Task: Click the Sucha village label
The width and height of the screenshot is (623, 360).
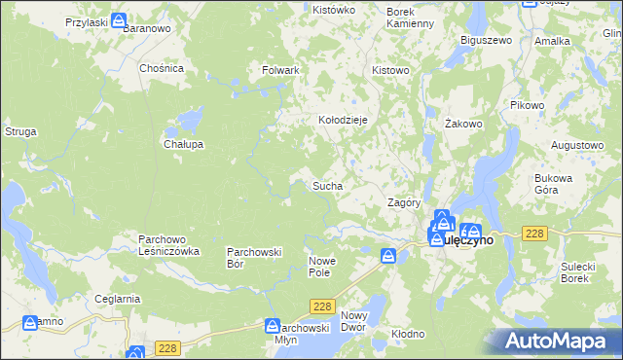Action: [x=327, y=185]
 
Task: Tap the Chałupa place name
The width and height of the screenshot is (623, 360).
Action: [x=182, y=144]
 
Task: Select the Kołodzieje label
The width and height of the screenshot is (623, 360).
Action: [x=343, y=120]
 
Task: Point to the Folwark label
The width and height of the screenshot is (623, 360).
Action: [x=280, y=71]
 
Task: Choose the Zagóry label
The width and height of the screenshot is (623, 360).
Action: [x=403, y=203]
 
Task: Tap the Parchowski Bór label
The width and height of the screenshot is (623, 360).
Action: [x=254, y=257]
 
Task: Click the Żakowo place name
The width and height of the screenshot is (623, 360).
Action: [x=463, y=125]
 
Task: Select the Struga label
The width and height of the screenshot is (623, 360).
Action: [x=20, y=130]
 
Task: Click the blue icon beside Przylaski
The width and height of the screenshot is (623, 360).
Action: [x=119, y=20]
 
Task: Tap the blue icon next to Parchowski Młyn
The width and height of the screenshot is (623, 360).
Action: [x=274, y=328]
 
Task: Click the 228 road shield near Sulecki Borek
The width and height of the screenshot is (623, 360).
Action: [x=533, y=234]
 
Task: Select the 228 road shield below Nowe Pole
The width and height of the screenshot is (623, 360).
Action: [x=324, y=306]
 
